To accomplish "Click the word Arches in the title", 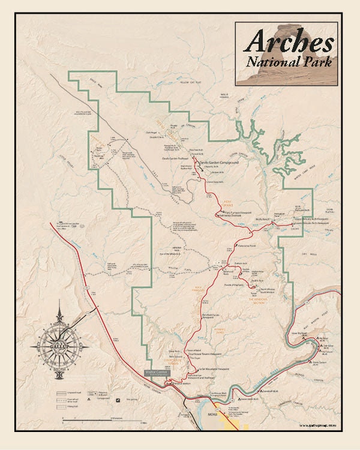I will pyautogui.click(x=289, y=41).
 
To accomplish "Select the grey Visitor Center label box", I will pyautogui.click(x=158, y=373).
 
